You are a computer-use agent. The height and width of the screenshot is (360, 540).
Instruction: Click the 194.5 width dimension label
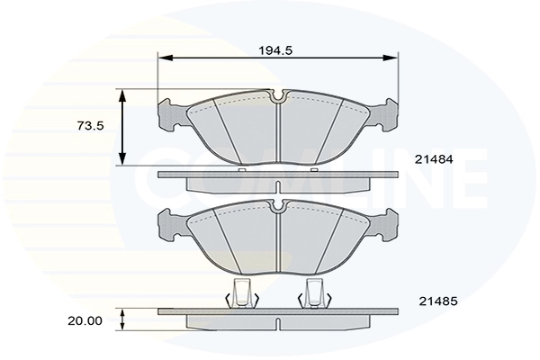[x=275, y=50]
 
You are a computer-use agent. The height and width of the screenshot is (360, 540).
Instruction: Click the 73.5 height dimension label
[x=91, y=126]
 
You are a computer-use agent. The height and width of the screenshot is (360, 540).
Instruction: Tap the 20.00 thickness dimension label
[x=85, y=321]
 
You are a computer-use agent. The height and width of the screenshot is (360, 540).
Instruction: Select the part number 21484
[x=434, y=159]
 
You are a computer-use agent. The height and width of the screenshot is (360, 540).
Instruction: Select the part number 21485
[x=438, y=301]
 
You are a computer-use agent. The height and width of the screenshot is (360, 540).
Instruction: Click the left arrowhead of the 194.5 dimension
[x=165, y=58]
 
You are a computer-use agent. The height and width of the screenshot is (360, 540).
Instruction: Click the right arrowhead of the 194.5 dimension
[x=391, y=58]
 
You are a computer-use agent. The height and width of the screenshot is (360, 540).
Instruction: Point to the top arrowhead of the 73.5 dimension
[x=122, y=96]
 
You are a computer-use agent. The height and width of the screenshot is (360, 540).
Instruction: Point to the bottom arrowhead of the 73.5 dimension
[x=122, y=158]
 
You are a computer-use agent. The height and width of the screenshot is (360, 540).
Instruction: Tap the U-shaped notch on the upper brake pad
[x=278, y=96]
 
